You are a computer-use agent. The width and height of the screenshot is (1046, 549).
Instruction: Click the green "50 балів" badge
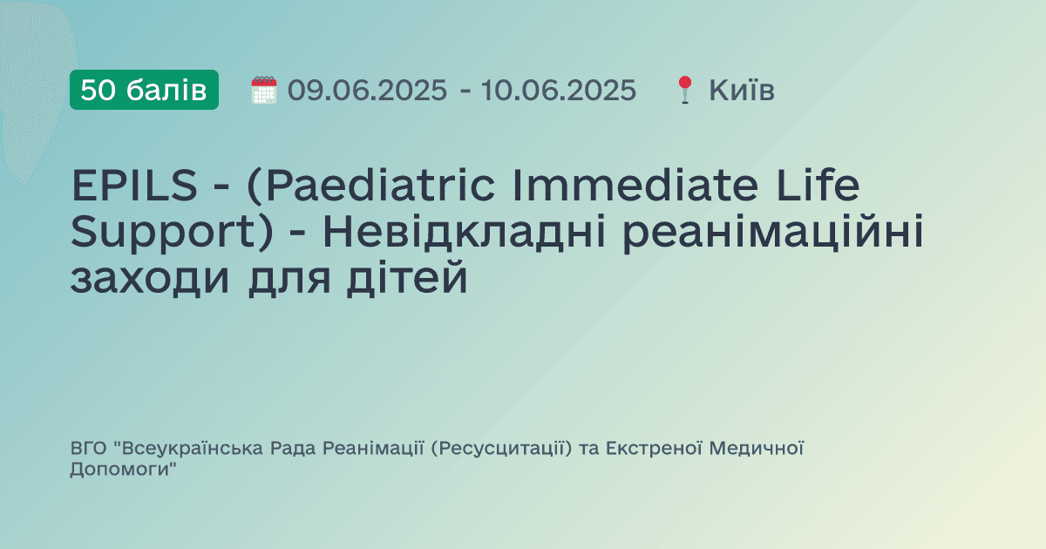click(x=144, y=90)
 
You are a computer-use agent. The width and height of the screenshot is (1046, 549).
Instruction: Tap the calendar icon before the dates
click(x=263, y=90)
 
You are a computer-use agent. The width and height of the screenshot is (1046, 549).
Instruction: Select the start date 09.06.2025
click(x=367, y=90)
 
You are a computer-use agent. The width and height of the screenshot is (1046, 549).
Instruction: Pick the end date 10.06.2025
click(x=559, y=90)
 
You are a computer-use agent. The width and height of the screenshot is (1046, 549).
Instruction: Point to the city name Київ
click(x=742, y=90)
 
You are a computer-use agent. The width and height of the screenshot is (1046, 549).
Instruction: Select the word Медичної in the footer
click(x=757, y=449)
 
